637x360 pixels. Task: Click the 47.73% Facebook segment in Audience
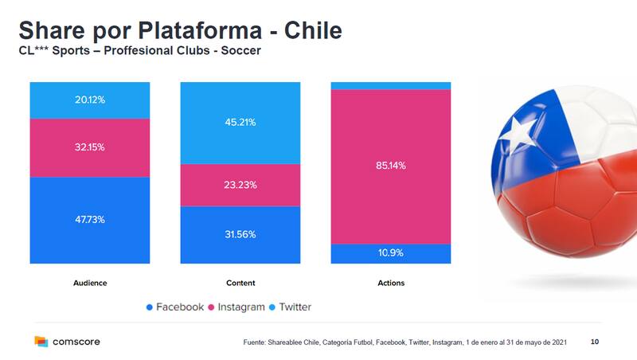click(89, 220)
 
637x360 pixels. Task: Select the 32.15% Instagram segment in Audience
click(89, 148)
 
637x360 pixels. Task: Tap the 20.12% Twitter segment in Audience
click(89, 100)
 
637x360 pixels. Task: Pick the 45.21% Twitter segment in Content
click(240, 123)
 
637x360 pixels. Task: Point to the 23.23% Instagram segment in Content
click(240, 185)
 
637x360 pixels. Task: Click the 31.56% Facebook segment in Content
click(240, 235)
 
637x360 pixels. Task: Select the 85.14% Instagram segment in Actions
click(391, 166)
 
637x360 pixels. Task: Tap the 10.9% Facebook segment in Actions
click(391, 253)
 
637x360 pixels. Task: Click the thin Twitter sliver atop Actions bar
click(391, 85)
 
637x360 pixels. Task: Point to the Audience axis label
click(89, 283)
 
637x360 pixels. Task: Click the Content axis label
click(240, 283)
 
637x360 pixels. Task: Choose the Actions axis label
click(391, 283)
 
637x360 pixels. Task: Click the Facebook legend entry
click(174, 307)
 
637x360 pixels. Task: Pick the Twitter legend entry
click(290, 307)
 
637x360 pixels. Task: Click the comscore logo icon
click(41, 342)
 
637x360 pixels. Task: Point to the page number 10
click(595, 342)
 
